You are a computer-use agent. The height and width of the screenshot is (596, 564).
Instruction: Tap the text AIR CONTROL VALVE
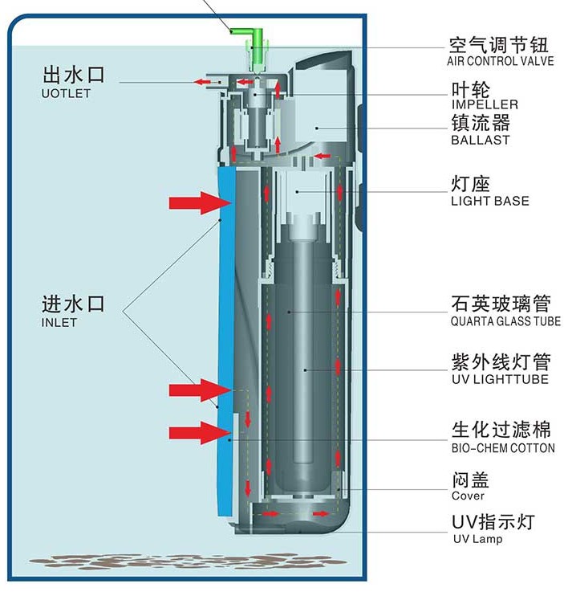coord(500,61)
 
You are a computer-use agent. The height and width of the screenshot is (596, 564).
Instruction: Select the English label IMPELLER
coord(484,104)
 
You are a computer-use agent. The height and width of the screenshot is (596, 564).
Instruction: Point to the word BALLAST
coord(480,141)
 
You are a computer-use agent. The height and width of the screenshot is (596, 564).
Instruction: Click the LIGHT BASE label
coord(489,200)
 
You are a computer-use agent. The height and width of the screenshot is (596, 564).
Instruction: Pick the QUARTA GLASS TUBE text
coord(505,321)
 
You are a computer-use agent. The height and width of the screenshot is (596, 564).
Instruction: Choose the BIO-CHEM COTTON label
coord(502,447)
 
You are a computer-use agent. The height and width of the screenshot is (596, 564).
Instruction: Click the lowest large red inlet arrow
coord(193,434)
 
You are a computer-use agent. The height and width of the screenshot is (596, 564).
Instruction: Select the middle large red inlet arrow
coord(193,391)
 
